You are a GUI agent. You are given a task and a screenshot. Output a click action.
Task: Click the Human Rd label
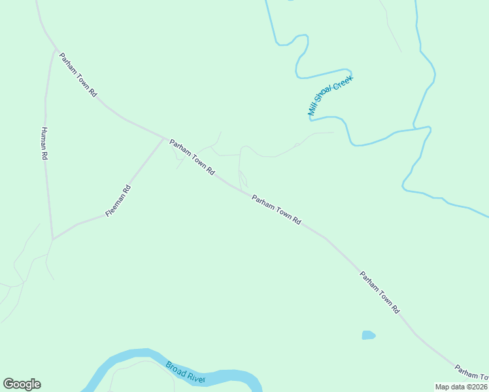tap(44, 143)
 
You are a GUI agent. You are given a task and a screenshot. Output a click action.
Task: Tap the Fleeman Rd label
tap(118, 201)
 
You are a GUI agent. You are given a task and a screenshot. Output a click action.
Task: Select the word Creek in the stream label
tap(344, 82)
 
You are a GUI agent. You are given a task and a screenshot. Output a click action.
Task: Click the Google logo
tap(22, 384)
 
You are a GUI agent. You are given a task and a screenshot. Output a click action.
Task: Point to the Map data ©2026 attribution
tap(462, 387)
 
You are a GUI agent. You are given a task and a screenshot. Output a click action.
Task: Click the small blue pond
tap(369, 335)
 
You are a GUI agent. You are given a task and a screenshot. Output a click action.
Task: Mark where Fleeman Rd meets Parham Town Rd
tap(164, 137)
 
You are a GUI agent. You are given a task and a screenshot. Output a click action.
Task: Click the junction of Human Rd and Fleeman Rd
tap(53, 238)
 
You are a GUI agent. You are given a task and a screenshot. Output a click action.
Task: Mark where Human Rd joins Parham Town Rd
tap(55, 48)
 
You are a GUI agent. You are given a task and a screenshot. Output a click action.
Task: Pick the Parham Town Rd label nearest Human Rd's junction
tap(78, 75)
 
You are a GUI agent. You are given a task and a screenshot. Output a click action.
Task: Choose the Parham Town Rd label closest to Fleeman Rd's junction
tap(192, 157)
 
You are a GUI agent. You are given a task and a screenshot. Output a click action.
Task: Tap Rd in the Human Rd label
tap(45, 155)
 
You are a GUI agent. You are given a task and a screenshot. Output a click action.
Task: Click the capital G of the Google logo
tap(8, 384)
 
